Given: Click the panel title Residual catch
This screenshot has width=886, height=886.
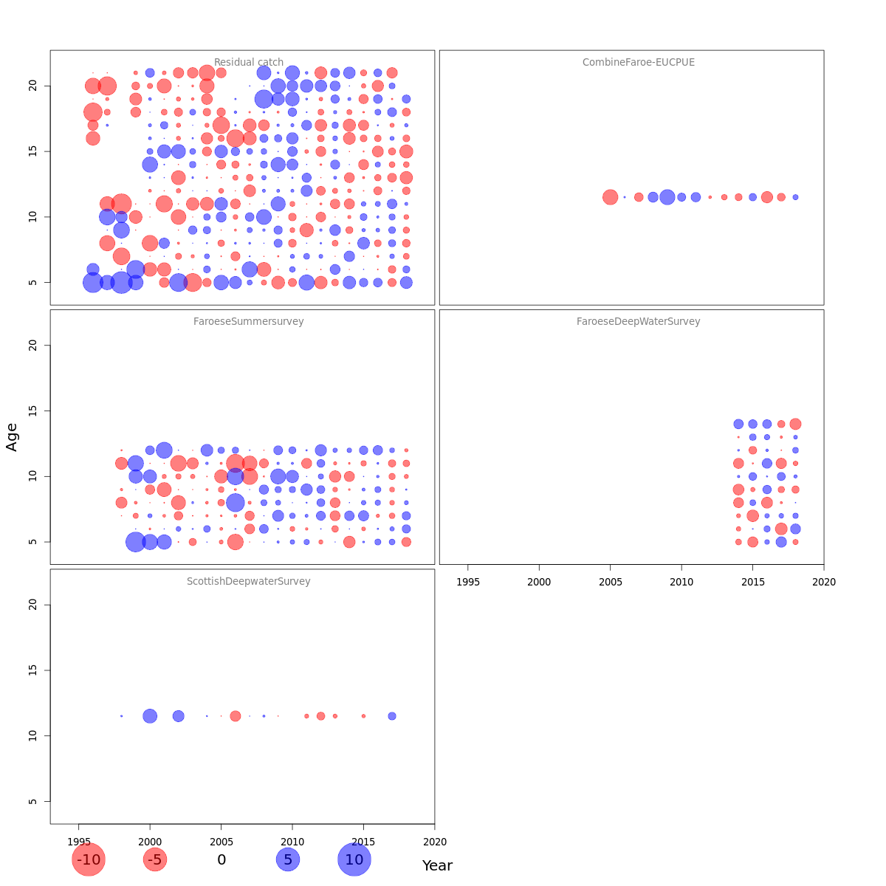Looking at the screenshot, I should pyautogui.click(x=249, y=63).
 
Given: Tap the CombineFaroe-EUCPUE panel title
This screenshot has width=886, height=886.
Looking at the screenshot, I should pyautogui.click(x=639, y=63).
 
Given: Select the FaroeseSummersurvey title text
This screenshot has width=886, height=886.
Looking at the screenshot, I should pyautogui.click(x=249, y=322).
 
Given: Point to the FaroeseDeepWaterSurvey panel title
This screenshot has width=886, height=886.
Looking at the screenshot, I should pyautogui.click(x=639, y=322).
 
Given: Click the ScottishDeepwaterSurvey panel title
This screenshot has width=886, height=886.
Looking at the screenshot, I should pyautogui.click(x=249, y=582).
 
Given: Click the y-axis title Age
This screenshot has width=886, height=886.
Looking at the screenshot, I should pyautogui.click(x=12, y=437).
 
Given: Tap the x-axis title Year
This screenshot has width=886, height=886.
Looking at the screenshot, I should pyautogui.click(x=437, y=865).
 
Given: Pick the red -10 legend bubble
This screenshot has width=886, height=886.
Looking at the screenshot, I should pyautogui.click(x=89, y=859).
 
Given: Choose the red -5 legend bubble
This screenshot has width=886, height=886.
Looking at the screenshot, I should pyautogui.click(x=155, y=859).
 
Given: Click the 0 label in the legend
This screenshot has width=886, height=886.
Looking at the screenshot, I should pyautogui.click(x=221, y=860).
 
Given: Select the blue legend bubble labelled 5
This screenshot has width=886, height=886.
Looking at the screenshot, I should pyautogui.click(x=288, y=859).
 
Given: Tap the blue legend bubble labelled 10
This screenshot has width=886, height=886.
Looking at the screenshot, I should pyautogui.click(x=354, y=859).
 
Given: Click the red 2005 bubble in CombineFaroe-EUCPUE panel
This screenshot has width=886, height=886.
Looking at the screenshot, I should pyautogui.click(x=610, y=197).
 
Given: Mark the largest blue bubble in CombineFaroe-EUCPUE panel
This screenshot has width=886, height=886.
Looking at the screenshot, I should pyautogui.click(x=667, y=197).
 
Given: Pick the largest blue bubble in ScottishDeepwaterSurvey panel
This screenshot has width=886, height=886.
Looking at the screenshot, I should pyautogui.click(x=150, y=716).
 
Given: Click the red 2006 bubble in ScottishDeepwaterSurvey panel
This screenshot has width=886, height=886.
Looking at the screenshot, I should pyautogui.click(x=236, y=716).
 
